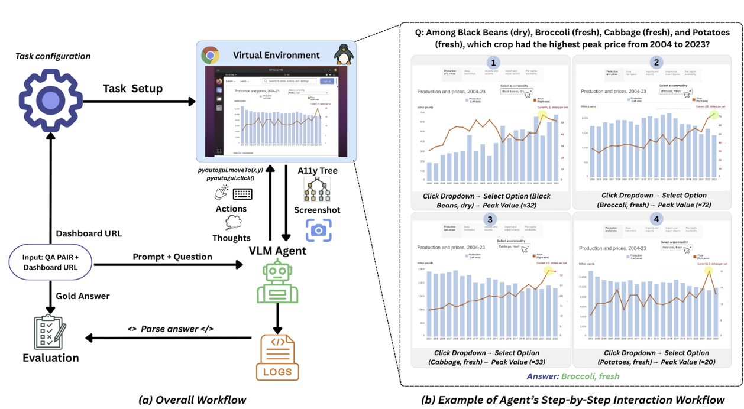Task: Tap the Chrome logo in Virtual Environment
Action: point(210,55)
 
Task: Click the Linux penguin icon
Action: point(344,55)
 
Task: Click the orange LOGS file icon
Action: point(277,356)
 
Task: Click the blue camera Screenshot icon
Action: point(318,230)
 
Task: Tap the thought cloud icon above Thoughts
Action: point(232,223)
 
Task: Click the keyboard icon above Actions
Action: point(242,194)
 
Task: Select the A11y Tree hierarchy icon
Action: point(317,189)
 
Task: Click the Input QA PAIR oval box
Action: point(51,261)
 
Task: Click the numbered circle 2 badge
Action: point(655,63)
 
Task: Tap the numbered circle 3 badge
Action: point(490,219)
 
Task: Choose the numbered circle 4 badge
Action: point(655,219)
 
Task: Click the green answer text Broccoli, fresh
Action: point(590,376)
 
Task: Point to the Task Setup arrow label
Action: point(132,88)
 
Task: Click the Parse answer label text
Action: point(170,329)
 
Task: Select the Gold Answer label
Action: point(82,296)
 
